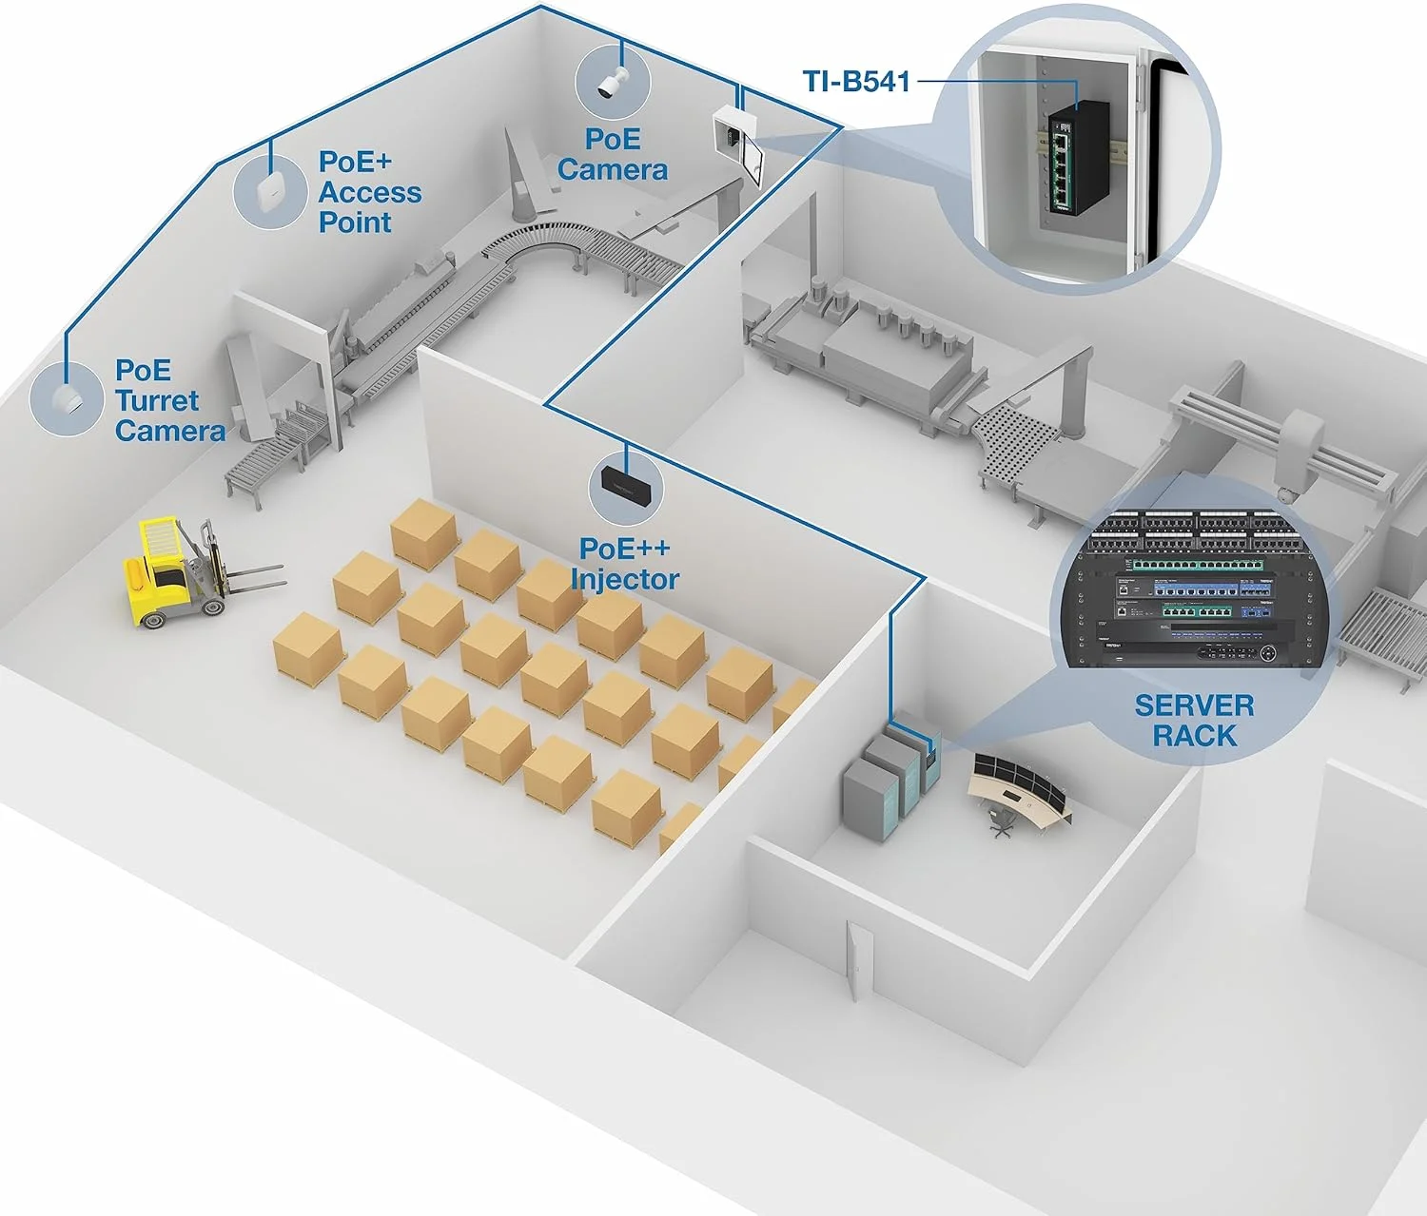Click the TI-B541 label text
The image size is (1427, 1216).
pos(856,82)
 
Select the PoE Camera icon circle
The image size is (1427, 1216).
pos(612,80)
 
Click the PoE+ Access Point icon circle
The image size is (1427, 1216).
pos(270,192)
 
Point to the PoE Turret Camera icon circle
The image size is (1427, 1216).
pos(66,399)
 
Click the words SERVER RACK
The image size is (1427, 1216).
pos(1194,721)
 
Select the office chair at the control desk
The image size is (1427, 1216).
pos(1000,820)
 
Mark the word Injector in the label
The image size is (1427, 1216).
pos(625,580)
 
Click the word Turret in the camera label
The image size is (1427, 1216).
pos(157,400)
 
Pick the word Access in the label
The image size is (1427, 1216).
pos(370,192)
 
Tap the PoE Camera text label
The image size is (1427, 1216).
pos(613,155)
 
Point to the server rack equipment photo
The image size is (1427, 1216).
pos(1194,589)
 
